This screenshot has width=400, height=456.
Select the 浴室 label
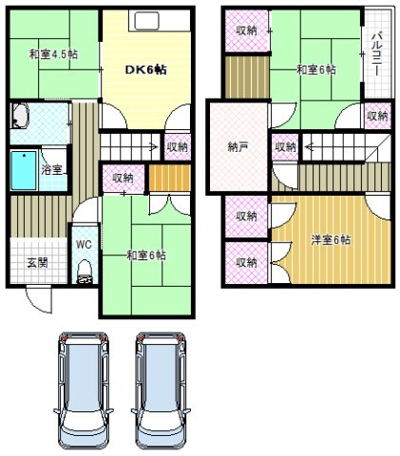53,170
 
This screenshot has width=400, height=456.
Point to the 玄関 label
37,262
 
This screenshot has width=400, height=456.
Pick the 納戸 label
239,146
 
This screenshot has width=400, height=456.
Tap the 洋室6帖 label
330,239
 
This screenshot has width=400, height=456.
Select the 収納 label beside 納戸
285,146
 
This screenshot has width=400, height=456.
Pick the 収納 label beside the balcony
377,115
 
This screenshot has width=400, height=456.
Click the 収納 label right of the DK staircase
178,146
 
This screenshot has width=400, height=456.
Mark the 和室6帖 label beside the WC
146,255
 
